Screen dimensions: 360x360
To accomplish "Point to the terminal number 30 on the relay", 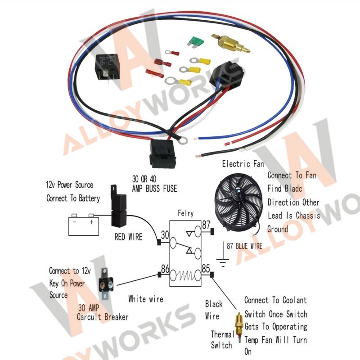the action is coord(165,234).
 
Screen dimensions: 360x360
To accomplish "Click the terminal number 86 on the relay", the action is coord(165,270).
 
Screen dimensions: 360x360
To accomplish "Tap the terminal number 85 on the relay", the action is coord(207,270).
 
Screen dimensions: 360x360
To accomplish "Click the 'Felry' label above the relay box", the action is coord(186,213).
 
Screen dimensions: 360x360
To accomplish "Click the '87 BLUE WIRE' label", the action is coord(244,246).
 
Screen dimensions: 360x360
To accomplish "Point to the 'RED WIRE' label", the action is coord(128,237).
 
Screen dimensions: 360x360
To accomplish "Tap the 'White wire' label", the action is coord(146,299).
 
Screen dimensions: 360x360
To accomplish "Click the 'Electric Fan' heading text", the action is coord(243,164).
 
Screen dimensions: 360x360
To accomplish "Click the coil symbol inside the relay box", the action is coord(185,274).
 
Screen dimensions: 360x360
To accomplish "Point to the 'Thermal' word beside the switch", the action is coord(222,334).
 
